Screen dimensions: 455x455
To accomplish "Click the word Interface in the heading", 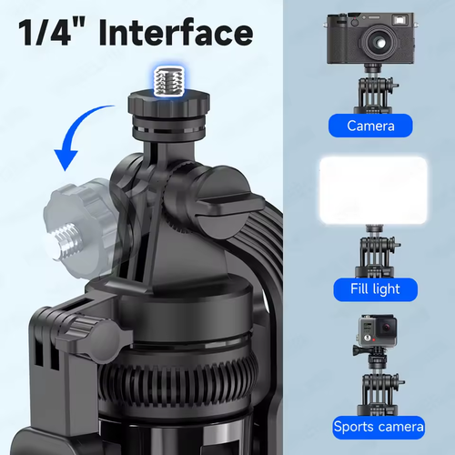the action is click(176, 32).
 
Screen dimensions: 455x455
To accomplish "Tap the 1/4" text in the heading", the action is click(50, 32).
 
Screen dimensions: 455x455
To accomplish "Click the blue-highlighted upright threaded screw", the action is click(169, 81).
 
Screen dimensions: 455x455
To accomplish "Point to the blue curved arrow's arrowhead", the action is click(66, 159).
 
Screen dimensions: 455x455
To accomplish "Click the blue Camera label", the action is click(370, 126).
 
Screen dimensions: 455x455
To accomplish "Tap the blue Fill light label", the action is click(375, 289).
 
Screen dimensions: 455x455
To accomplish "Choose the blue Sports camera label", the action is click(379, 427).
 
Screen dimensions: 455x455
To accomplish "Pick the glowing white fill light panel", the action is click(373, 190).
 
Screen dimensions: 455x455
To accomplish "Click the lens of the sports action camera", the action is click(388, 328).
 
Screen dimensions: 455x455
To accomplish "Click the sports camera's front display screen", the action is click(367, 328).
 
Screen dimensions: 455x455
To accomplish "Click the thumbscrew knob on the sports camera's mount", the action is click(358, 350).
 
